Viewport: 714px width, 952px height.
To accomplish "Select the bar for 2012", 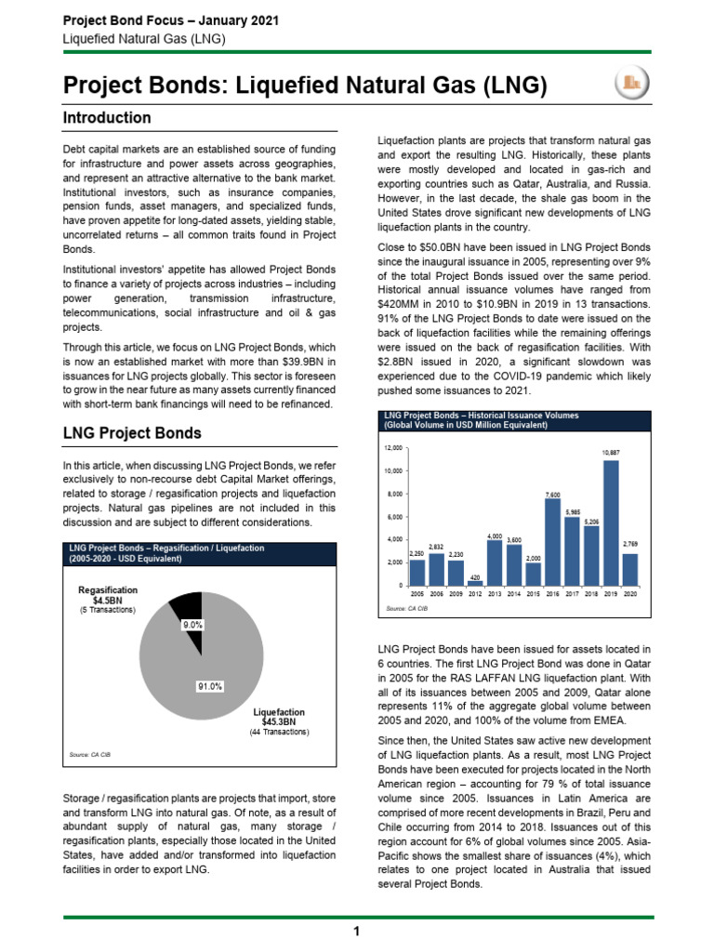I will click(475, 582).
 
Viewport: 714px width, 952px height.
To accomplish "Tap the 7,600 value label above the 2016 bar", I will click(552, 495).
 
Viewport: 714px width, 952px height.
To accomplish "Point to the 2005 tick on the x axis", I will click(417, 592).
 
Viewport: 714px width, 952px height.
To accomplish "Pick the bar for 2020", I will click(630, 569).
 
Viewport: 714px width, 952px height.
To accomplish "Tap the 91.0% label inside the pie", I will click(210, 686).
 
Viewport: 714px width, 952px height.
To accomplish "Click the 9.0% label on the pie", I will click(192, 626).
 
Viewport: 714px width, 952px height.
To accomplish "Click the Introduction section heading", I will click(106, 118).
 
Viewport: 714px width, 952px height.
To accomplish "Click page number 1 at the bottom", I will click(357, 932).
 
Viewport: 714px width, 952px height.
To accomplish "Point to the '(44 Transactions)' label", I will click(278, 732).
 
